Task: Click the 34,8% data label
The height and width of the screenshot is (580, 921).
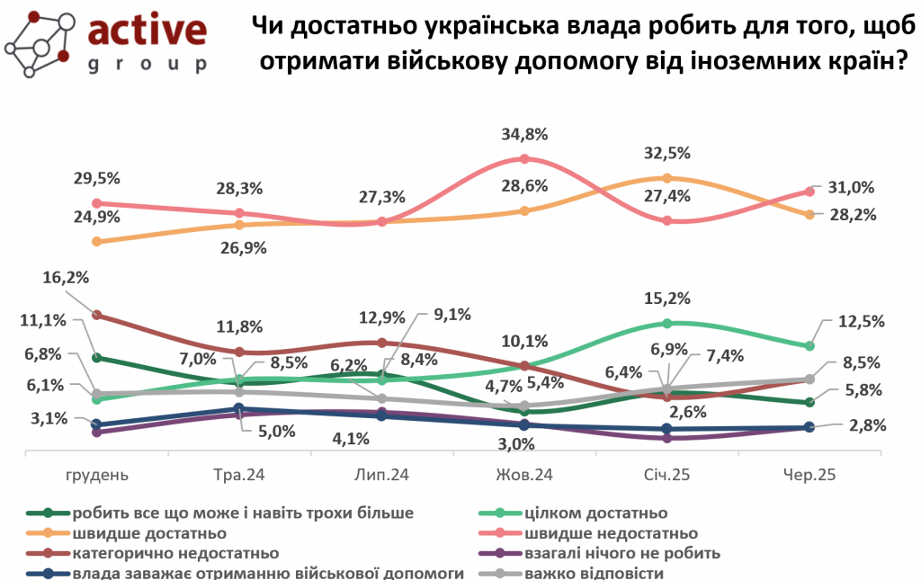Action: coord(524,135)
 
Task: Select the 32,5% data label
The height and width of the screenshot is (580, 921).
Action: coord(666,154)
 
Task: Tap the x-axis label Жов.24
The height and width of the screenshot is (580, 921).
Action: coord(524,475)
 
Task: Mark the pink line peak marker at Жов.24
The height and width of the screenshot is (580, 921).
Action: coord(524,159)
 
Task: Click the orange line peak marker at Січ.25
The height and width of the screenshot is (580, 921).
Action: coord(666,178)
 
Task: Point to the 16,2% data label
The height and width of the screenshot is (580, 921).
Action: coord(67,280)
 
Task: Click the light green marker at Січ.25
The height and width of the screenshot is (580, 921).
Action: coord(666,323)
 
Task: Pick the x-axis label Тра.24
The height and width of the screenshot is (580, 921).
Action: coord(238,475)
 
